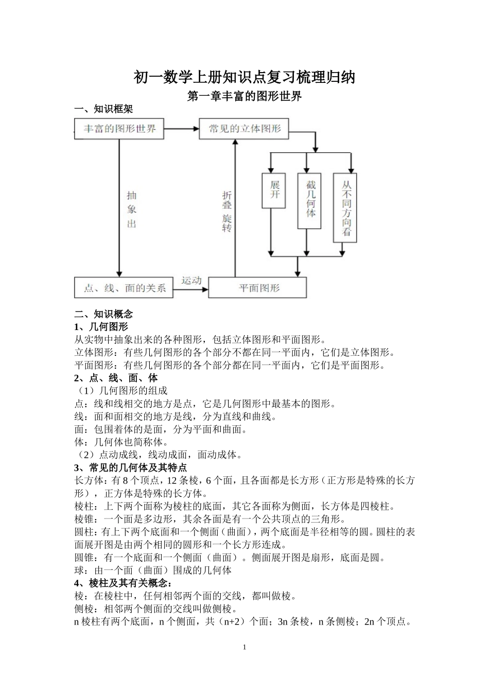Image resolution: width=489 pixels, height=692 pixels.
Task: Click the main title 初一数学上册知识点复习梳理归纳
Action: click(244, 77)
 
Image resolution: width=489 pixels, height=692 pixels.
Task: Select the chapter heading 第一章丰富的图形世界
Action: click(244, 96)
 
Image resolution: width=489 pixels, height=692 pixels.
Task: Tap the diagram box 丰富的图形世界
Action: click(119, 128)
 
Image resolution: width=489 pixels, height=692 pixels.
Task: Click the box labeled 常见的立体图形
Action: click(244, 128)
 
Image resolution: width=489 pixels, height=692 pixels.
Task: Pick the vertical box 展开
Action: click(274, 190)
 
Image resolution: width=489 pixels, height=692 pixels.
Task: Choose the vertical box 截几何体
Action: click(309, 200)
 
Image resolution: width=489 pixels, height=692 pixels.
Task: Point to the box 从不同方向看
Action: click(345, 207)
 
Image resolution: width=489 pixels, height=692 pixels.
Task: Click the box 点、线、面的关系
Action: click(124, 287)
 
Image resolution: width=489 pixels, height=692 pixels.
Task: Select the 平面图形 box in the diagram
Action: click(257, 287)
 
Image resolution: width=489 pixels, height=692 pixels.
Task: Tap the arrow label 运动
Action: click(190, 281)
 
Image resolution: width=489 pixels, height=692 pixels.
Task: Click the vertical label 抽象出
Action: click(132, 210)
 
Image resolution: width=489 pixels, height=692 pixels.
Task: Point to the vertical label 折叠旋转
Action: click(227, 211)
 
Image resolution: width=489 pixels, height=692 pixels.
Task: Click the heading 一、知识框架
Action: click(103, 109)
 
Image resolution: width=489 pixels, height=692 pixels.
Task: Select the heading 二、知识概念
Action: click(103, 314)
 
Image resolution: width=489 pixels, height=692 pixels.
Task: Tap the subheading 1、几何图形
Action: click(101, 326)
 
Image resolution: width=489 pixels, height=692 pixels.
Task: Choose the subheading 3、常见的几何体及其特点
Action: click(130, 468)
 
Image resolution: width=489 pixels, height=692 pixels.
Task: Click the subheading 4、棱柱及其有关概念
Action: click(124, 583)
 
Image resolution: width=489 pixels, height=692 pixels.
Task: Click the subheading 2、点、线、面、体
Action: click(116, 378)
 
